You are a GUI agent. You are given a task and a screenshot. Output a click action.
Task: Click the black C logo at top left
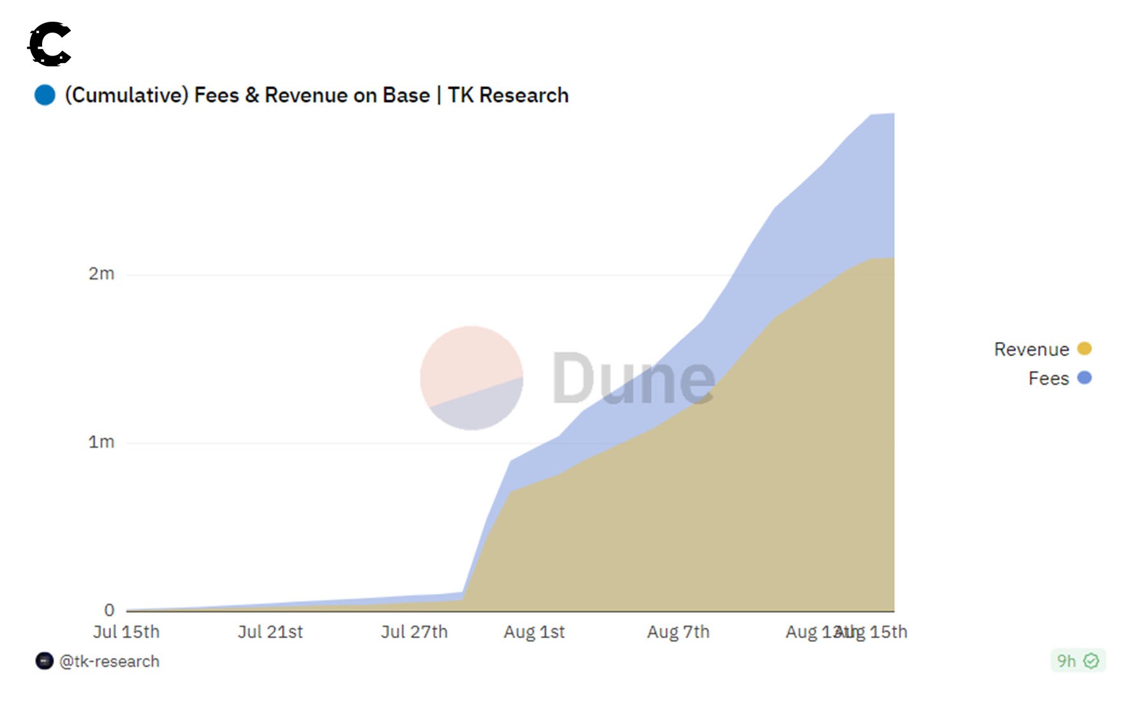click(50, 43)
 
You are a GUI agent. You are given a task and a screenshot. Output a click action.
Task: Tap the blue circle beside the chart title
click(45, 95)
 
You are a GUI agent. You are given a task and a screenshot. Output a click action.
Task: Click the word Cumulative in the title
click(126, 95)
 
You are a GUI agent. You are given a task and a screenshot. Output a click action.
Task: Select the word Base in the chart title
click(406, 95)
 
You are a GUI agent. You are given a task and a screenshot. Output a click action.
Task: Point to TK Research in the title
click(508, 95)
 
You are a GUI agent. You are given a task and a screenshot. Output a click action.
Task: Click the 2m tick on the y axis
click(101, 274)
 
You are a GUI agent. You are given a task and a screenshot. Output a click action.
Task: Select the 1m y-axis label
click(101, 442)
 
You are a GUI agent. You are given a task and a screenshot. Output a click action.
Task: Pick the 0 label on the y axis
click(109, 610)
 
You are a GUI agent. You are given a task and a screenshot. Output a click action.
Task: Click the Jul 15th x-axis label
click(126, 632)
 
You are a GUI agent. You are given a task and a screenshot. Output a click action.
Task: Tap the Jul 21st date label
click(270, 632)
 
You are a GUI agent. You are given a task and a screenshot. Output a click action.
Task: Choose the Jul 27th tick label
click(415, 632)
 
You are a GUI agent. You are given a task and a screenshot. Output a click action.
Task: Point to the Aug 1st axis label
click(534, 632)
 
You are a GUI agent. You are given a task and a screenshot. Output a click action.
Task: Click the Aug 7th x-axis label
click(678, 632)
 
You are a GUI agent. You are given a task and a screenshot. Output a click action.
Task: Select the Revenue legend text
click(1031, 349)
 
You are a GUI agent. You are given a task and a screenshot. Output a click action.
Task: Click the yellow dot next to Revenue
click(1084, 348)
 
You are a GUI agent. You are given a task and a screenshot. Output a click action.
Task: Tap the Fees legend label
click(1049, 378)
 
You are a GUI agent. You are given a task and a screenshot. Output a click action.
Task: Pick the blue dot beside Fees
click(1084, 378)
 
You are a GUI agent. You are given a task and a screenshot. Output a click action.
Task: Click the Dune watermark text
click(633, 379)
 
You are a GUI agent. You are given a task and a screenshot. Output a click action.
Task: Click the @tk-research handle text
click(109, 661)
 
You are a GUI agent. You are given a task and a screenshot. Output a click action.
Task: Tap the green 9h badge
click(1077, 661)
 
